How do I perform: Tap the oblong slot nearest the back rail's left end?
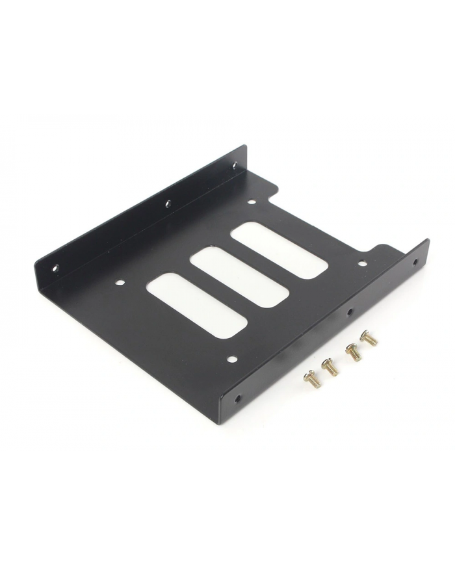(x=197, y=304)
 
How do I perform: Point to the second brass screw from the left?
(x=330, y=367)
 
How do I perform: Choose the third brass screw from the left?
(x=353, y=353)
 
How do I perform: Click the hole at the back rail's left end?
(x=56, y=267)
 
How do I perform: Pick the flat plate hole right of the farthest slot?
(x=362, y=263)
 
